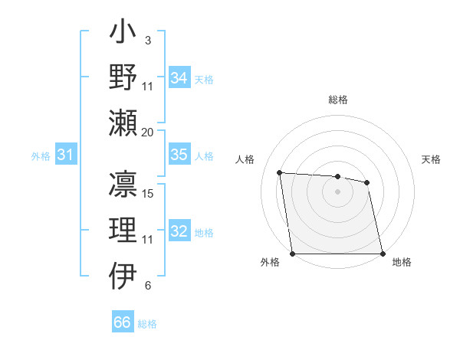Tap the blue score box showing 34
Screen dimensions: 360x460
click(179, 78)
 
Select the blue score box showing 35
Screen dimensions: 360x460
click(179, 155)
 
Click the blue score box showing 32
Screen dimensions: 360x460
click(179, 232)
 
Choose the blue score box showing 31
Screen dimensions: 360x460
click(66, 155)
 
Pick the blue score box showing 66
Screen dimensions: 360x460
click(123, 322)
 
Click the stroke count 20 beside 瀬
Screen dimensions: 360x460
click(148, 132)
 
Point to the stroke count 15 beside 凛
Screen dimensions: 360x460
click(149, 194)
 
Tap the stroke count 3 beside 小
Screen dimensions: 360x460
click(147, 40)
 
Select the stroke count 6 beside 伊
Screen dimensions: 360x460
click(147, 286)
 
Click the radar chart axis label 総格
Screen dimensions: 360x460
click(338, 100)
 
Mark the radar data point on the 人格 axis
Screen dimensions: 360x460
click(280, 173)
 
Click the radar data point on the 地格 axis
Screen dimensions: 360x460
click(383, 254)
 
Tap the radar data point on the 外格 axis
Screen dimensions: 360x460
click(293, 254)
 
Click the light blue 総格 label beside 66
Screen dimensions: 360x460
click(147, 324)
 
